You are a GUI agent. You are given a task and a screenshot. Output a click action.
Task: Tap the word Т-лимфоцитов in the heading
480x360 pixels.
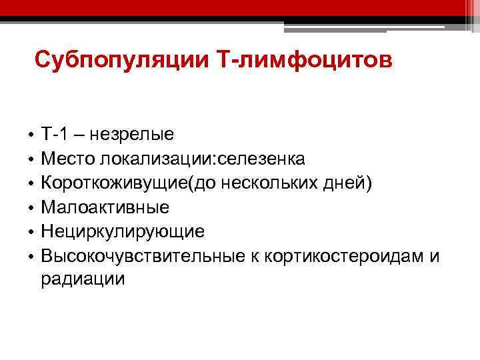(x=305, y=61)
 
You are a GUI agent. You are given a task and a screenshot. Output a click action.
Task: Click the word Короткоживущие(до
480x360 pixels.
(x=115, y=183)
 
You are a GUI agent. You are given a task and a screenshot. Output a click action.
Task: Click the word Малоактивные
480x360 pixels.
(x=105, y=207)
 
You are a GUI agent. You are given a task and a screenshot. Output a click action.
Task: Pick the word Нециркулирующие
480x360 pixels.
(x=123, y=231)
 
